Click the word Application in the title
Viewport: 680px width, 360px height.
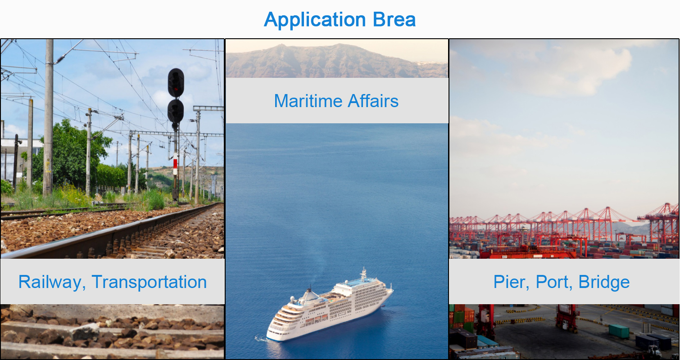point(315,20)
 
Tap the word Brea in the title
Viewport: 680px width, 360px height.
point(394,19)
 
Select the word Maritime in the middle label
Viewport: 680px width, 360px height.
point(308,101)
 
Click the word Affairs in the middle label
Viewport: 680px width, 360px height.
point(373,101)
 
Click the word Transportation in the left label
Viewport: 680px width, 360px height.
point(149,282)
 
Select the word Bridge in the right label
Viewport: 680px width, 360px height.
point(604,283)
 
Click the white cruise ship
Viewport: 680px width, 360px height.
point(329,306)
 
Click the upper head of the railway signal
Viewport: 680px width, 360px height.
point(176,82)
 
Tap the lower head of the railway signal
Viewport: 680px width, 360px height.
point(176,111)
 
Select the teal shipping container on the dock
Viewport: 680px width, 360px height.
point(619,331)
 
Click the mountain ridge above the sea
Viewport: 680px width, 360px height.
point(336,61)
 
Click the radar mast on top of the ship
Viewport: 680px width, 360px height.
point(363,274)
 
